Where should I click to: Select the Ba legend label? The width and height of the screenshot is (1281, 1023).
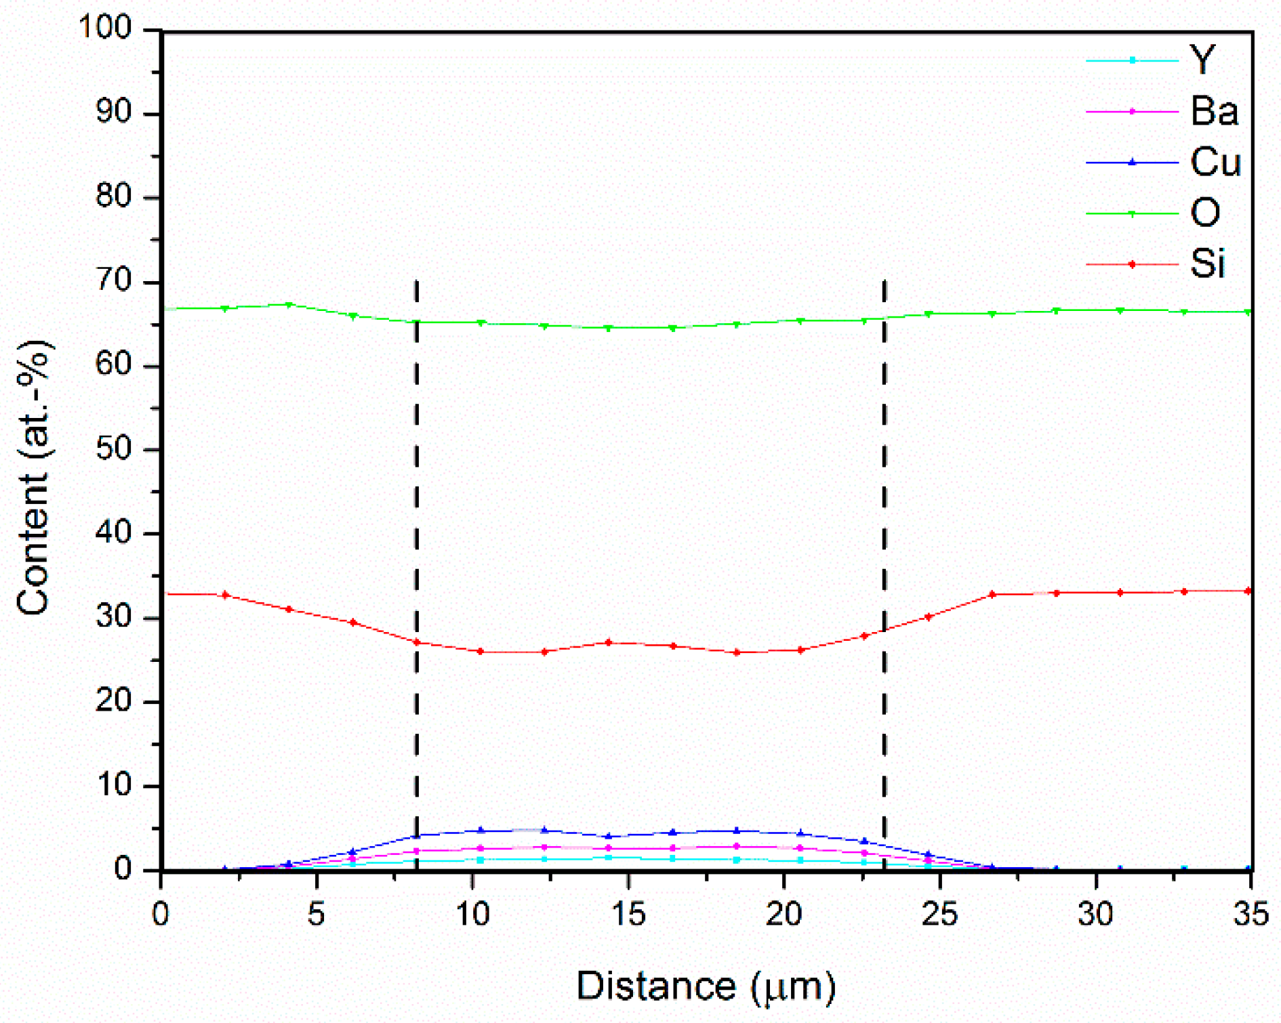coord(1214,111)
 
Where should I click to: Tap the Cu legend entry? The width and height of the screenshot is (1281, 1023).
coord(1215,162)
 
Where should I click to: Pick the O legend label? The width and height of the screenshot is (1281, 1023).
coord(1205,213)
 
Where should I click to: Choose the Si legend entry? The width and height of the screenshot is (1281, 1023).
coord(1207,264)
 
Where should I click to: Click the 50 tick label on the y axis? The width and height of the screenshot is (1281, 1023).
coord(113,449)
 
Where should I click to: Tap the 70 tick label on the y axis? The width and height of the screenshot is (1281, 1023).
coord(113,281)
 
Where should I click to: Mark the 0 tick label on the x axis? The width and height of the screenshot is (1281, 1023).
coord(161,915)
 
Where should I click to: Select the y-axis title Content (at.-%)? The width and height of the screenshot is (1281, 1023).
coord(34,478)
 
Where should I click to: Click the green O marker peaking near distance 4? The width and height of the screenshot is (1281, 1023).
coord(289,305)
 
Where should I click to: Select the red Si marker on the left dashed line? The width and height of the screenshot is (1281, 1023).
coord(417,642)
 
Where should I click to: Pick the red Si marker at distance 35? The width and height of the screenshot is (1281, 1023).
coord(1248,591)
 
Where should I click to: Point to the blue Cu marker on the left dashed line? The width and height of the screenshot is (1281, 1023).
coord(417,835)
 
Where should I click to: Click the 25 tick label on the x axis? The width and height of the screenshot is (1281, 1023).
coord(939,915)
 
